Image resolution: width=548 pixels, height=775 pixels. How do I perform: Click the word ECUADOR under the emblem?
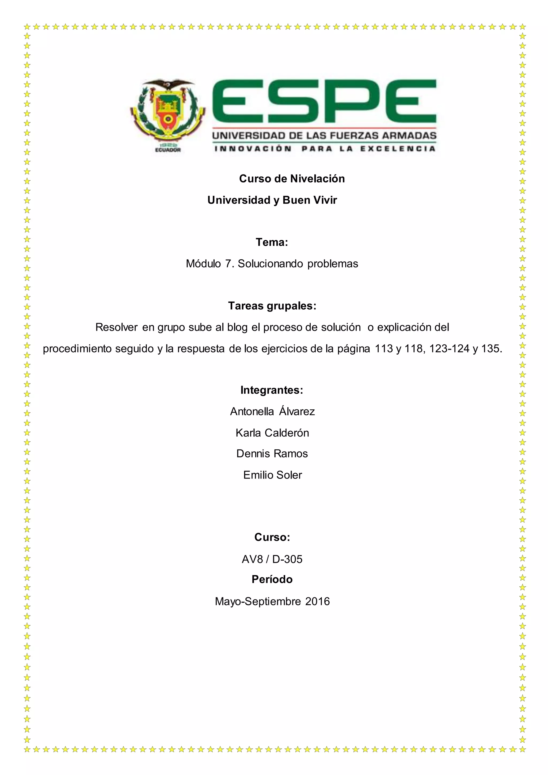pyautogui.click(x=168, y=150)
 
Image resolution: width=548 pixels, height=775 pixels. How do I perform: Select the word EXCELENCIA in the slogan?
pyautogui.click(x=398, y=149)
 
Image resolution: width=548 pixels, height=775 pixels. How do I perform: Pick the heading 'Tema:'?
pyautogui.click(x=272, y=242)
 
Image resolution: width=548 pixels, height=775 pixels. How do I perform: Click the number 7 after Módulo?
pyautogui.click(x=229, y=264)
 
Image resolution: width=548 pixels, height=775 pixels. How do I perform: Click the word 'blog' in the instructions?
pyautogui.click(x=238, y=327)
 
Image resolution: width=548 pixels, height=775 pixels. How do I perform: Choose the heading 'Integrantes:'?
pyautogui.click(x=272, y=390)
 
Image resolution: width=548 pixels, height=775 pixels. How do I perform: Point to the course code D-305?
pyautogui.click(x=287, y=559)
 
